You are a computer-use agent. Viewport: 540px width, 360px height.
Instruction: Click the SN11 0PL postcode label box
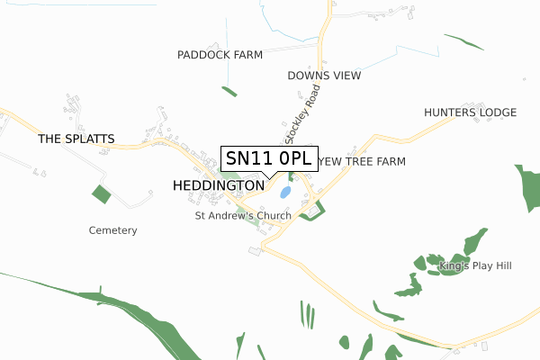(269, 158)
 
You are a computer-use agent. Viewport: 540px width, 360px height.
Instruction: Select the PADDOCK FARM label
(220, 55)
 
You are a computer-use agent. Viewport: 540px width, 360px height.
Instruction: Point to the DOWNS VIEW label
(324, 76)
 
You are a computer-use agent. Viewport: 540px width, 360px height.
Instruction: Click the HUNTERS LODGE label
(470, 112)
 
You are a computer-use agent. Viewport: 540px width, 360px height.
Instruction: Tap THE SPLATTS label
(76, 139)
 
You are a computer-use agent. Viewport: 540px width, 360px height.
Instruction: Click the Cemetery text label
(112, 230)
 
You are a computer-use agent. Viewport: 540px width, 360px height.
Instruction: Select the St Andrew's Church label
(243, 216)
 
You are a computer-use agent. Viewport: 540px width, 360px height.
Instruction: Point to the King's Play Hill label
(474, 266)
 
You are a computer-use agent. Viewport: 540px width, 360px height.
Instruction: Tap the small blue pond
(285, 192)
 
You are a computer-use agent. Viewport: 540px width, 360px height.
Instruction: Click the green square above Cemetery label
(101, 193)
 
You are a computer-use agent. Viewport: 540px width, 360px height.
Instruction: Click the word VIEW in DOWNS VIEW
(346, 76)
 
